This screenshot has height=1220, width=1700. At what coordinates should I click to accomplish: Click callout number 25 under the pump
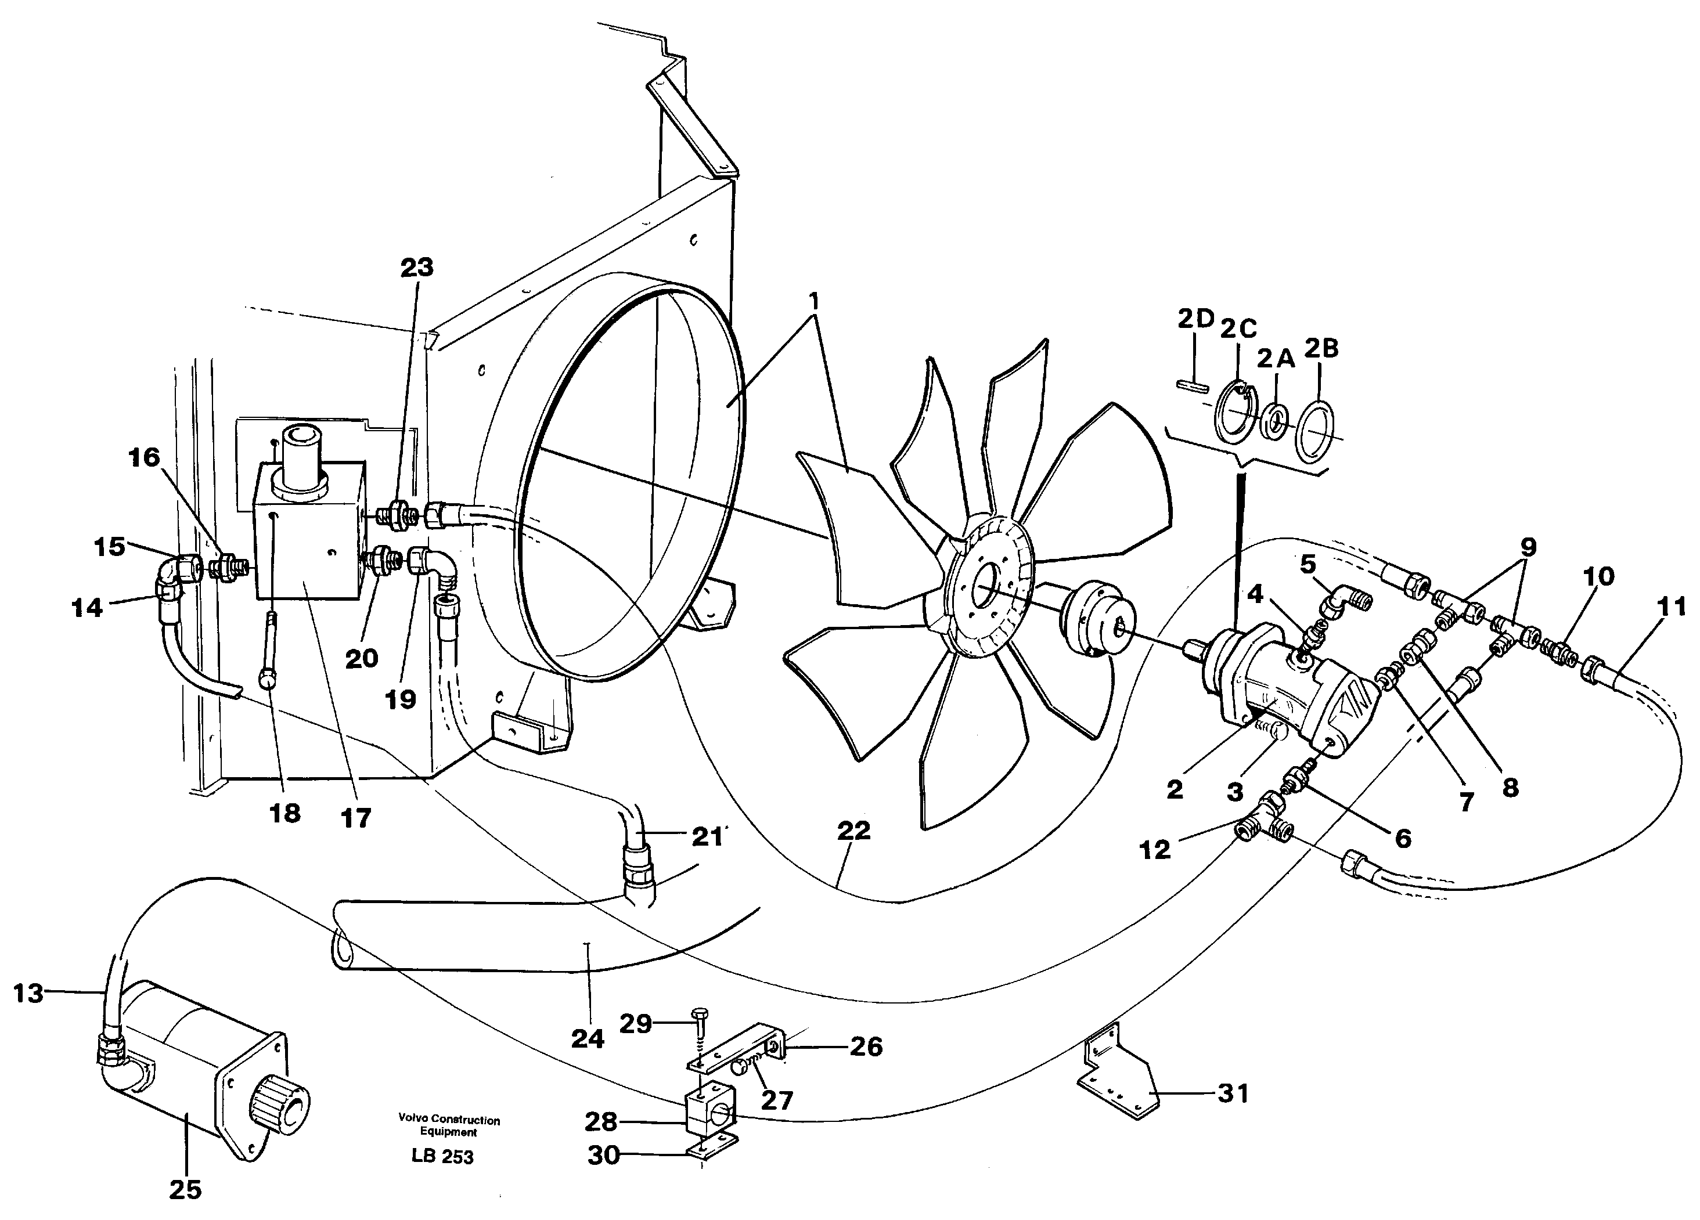pyautogui.click(x=185, y=1189)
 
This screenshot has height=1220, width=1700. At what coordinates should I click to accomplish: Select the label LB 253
pyautogui.click(x=442, y=1156)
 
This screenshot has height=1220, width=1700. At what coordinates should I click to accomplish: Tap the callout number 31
pyautogui.click(x=1233, y=1093)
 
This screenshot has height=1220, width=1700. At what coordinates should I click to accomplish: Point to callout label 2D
pyautogui.click(x=1195, y=319)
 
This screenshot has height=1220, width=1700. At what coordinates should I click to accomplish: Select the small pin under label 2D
pyautogui.click(x=1191, y=386)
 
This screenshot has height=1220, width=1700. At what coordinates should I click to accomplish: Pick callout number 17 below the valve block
pyautogui.click(x=356, y=818)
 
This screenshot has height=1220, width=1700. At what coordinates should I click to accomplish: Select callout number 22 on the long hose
pyautogui.click(x=853, y=831)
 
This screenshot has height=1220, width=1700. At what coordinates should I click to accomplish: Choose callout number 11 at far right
pyautogui.click(x=1670, y=607)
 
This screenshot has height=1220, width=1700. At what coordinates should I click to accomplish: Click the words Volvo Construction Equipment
pyautogui.click(x=449, y=1125)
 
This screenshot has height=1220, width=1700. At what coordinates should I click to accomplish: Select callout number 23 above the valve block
pyautogui.click(x=417, y=268)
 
